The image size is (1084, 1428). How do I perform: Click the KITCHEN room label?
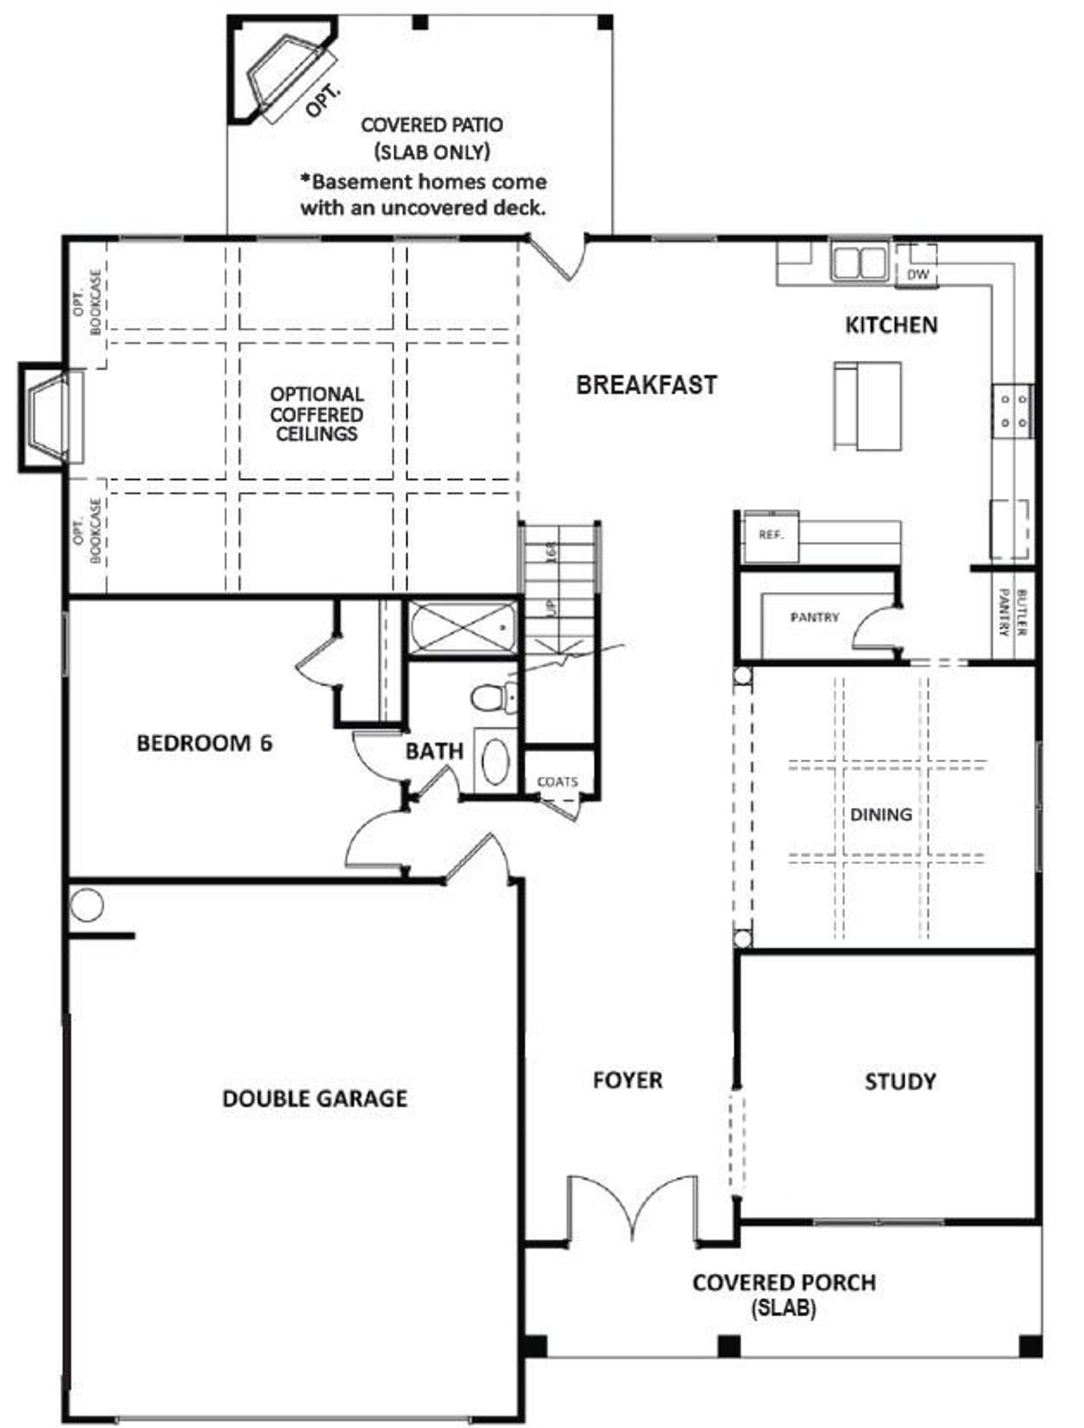891,325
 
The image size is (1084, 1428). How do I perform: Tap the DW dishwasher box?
917,274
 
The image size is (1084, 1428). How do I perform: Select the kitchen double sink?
858,262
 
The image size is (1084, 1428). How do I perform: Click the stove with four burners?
1013,410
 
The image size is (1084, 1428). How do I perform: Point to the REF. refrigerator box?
770,535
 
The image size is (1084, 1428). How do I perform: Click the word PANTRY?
814,617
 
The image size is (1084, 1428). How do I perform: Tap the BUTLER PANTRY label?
1013,612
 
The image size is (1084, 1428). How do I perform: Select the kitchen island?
867,406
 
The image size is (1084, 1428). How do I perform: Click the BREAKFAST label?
646,385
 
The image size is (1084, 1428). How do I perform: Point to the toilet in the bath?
490,697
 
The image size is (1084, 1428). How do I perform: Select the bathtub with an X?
462,628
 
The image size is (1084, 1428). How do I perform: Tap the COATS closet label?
557,782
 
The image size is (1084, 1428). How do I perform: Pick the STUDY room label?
899,1082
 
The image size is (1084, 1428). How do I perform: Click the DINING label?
881,815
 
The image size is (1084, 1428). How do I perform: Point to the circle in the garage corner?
86,905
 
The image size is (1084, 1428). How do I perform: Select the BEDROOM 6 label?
204,744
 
